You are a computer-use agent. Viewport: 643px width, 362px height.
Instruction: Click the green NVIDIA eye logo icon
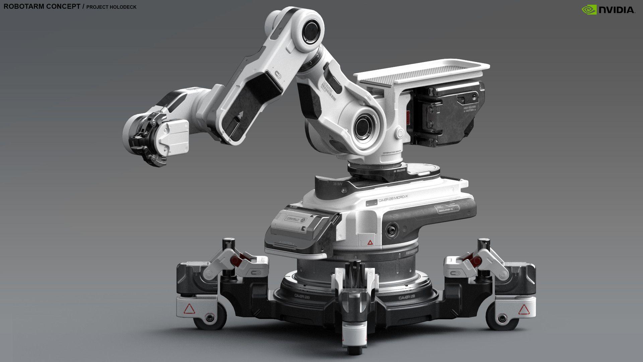tap(589, 10)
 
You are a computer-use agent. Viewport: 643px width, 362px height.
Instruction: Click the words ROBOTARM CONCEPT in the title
tap(42, 7)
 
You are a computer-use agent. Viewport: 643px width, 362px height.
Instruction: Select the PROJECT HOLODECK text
tap(111, 7)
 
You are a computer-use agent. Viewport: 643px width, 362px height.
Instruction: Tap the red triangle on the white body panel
tap(370, 242)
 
